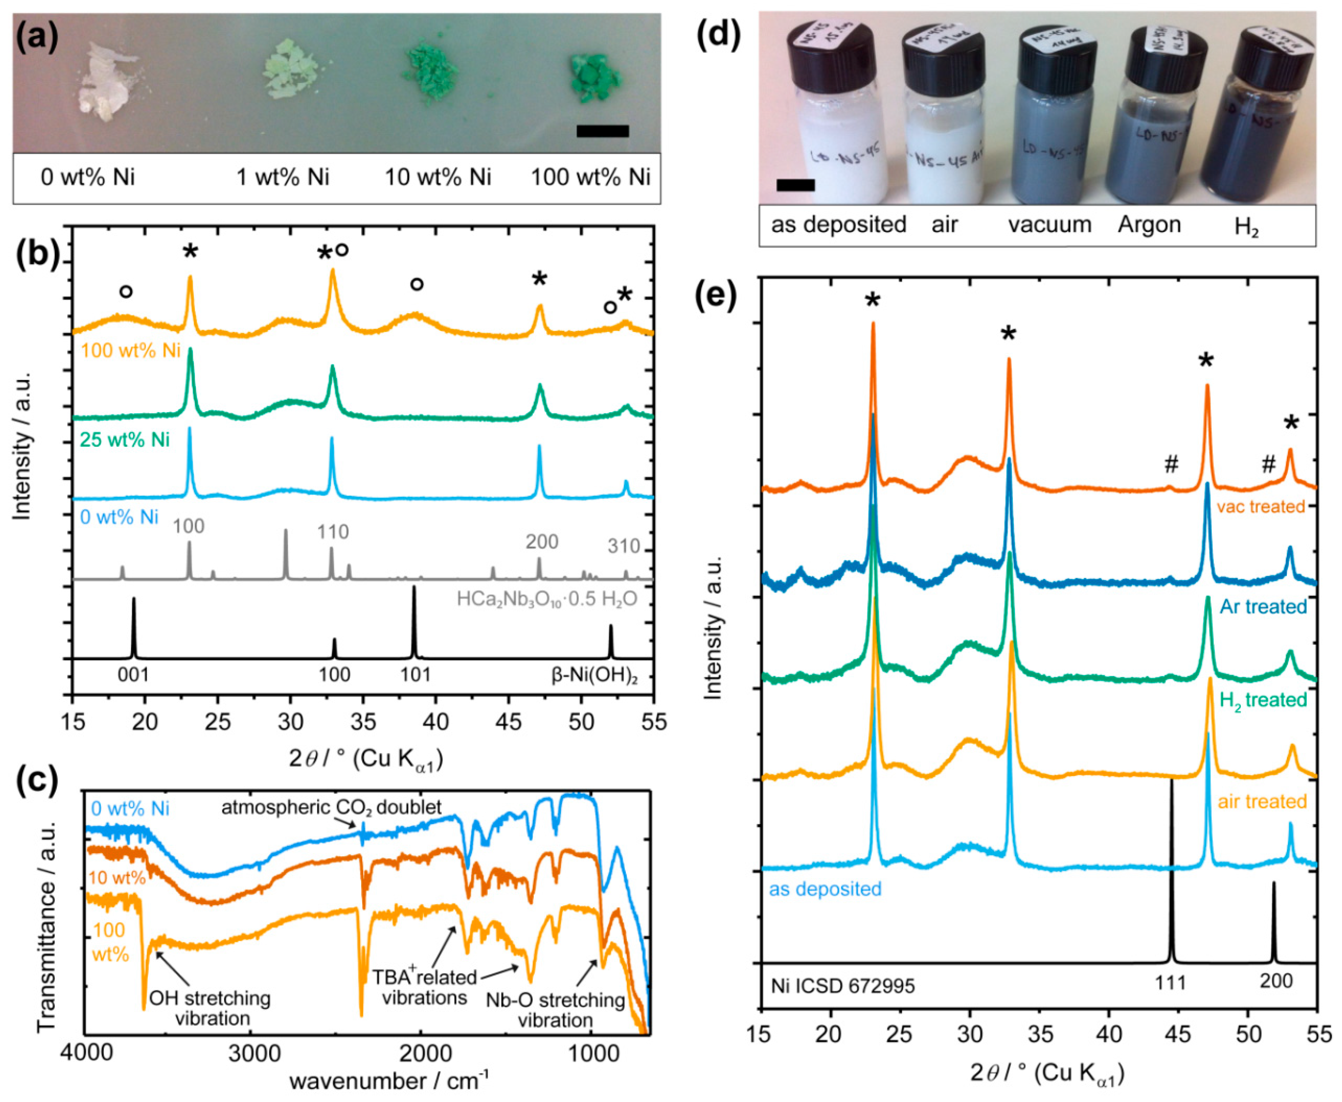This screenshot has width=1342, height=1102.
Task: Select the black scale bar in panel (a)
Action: click(x=602, y=131)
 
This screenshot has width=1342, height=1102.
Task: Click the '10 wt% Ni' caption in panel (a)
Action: click(x=438, y=177)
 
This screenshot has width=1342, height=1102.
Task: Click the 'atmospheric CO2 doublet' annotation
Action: click(x=331, y=808)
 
